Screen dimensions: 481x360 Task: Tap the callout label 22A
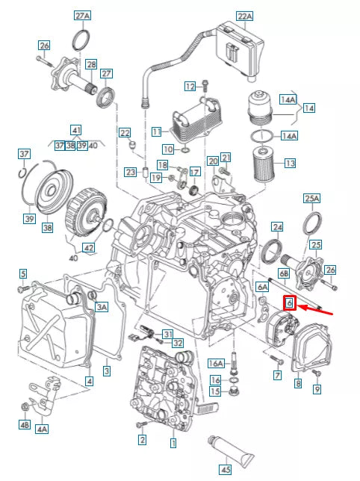tap(244, 16)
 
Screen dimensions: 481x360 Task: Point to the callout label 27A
tap(82, 16)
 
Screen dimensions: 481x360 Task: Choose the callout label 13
tap(290, 163)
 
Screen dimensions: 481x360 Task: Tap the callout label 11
tap(156, 131)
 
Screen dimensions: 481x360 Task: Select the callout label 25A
tap(311, 198)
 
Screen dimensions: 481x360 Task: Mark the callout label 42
tap(88, 247)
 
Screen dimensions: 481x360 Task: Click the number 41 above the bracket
tap(76, 129)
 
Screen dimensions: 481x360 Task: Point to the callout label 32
tap(178, 343)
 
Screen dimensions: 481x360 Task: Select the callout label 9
tap(317, 388)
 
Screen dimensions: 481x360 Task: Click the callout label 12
tap(189, 86)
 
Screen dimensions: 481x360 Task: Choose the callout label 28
tap(90, 65)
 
